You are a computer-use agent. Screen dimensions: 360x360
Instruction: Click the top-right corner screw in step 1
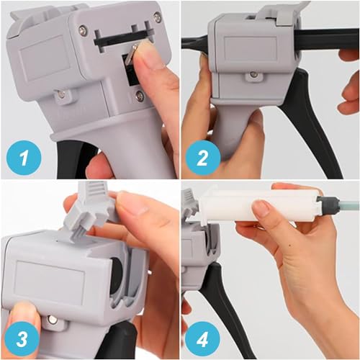click(157, 17)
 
